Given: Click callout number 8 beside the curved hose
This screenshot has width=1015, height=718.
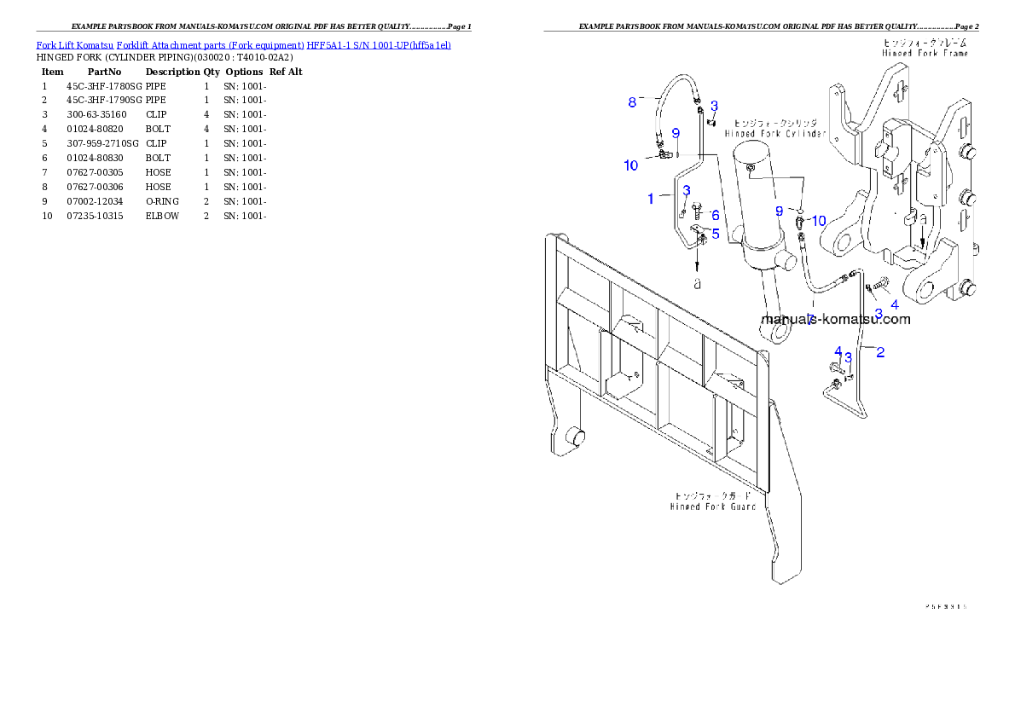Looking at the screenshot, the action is point(632,103).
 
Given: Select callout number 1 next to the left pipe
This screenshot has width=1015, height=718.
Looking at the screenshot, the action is point(651,199).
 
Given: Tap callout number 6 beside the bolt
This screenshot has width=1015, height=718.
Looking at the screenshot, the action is point(715,216).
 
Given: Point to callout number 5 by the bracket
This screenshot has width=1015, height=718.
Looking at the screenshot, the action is point(715,233).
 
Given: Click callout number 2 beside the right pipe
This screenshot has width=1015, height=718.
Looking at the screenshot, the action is point(880,351).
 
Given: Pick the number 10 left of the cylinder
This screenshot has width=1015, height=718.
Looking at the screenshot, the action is point(631,165).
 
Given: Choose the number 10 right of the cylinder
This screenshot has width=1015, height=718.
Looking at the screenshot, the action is point(818,221).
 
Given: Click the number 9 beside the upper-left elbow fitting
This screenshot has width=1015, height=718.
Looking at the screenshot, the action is point(675,134).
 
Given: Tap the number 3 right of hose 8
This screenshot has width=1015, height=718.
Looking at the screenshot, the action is point(714,106).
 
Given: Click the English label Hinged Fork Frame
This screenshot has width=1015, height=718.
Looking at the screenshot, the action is point(925,53).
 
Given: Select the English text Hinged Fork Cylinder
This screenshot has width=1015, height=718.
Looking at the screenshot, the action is point(775,134).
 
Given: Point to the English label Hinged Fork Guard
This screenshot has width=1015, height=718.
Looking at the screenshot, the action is point(713,507).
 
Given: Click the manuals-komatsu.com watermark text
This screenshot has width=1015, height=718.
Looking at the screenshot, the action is point(835,320).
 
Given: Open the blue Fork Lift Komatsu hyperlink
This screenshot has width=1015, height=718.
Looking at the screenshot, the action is point(243,44).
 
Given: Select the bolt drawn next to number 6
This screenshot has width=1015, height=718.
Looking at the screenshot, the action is point(698,209).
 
